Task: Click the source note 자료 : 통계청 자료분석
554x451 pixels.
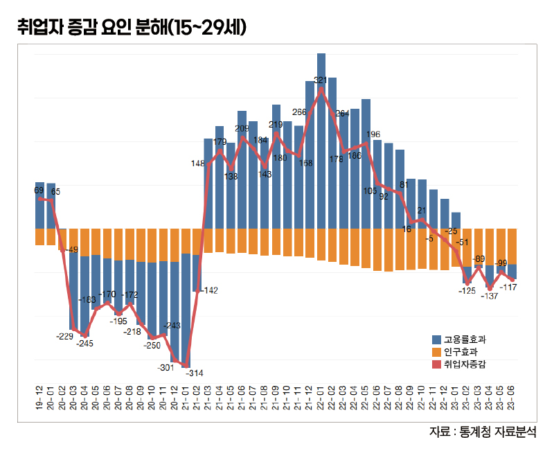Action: tap(483, 432)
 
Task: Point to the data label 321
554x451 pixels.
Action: tap(320, 80)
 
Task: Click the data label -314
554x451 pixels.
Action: tap(195, 373)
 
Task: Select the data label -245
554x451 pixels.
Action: tap(85, 343)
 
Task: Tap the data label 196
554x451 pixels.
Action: tap(373, 134)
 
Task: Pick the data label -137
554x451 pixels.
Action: tap(490, 296)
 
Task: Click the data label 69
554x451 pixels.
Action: tap(39, 189)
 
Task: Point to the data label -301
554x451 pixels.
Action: tap(166, 366)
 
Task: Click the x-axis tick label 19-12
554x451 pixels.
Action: tap(39, 396)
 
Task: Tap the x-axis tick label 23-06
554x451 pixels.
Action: tap(512, 396)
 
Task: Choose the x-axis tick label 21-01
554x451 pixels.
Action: tap(186, 396)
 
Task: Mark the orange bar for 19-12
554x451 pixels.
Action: tap(39, 236)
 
